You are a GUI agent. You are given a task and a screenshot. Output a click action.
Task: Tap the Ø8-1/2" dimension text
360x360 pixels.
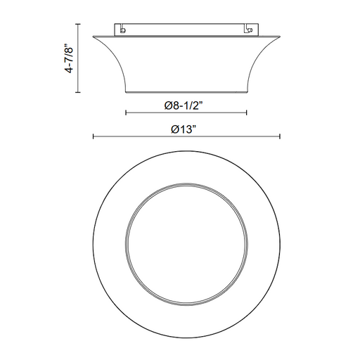tap(184, 105)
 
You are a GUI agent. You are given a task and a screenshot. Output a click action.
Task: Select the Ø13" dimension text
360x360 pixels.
tap(184, 129)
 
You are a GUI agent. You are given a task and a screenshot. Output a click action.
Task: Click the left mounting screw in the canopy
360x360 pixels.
tap(122, 30)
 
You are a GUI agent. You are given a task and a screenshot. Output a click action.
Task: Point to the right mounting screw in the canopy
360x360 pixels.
tap(250, 30)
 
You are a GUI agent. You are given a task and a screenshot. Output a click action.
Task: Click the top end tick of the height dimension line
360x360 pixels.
tap(78, 24)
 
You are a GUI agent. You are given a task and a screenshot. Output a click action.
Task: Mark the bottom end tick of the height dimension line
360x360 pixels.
tap(78, 92)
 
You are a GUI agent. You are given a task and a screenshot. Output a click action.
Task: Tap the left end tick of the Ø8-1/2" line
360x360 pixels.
tap(126, 112)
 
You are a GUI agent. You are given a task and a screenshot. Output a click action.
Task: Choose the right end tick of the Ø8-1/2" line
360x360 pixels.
tap(247, 112)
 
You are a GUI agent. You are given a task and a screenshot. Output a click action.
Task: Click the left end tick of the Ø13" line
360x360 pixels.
tap(94, 136)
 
